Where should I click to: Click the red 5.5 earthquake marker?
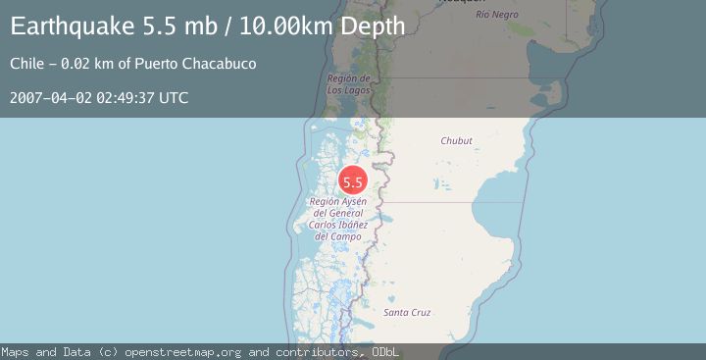point(353,180)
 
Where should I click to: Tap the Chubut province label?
point(457,141)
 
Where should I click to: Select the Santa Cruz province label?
point(407,312)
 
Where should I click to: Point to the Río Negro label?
point(496,15)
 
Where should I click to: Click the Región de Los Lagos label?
point(348,84)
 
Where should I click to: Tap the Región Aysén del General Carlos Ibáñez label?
point(338,218)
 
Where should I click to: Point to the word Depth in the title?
point(372,26)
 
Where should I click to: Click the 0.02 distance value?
point(77,64)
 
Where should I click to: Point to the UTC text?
point(175,98)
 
